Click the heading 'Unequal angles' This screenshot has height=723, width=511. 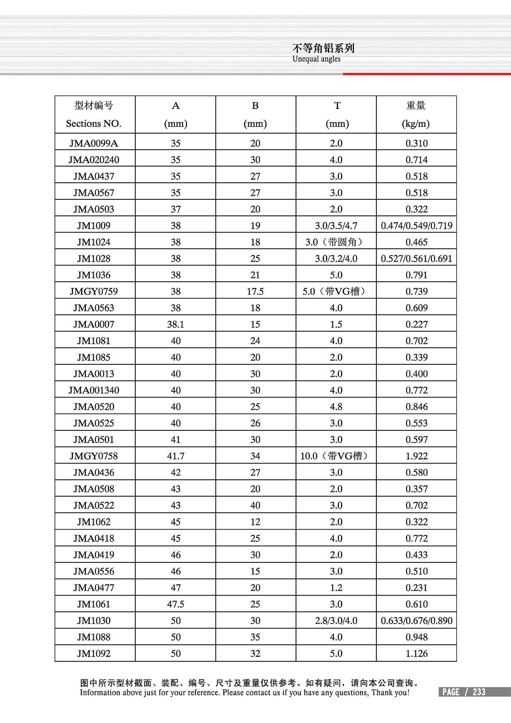click(316, 59)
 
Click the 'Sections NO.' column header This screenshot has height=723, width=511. click(94, 124)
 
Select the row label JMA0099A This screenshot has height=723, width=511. click(94, 143)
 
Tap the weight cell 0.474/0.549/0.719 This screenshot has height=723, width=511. click(416, 225)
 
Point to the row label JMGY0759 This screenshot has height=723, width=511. click(94, 291)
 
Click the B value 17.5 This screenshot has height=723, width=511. click(255, 291)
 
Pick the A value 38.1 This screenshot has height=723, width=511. click(175, 324)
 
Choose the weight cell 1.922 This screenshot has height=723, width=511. click(416, 456)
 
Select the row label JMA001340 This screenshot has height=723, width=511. click(94, 390)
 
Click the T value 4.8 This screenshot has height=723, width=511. click(336, 406)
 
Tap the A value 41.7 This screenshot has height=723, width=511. click(175, 456)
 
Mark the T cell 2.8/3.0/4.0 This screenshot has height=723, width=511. click(336, 621)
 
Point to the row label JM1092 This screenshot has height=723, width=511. click(94, 654)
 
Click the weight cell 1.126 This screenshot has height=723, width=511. click(416, 654)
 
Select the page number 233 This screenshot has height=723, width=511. click(479, 692)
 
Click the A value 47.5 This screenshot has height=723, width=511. click(175, 604)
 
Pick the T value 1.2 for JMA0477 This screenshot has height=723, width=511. click(336, 588)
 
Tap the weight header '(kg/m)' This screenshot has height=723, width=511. click(416, 124)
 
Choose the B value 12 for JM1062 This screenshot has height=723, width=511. click(255, 522)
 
